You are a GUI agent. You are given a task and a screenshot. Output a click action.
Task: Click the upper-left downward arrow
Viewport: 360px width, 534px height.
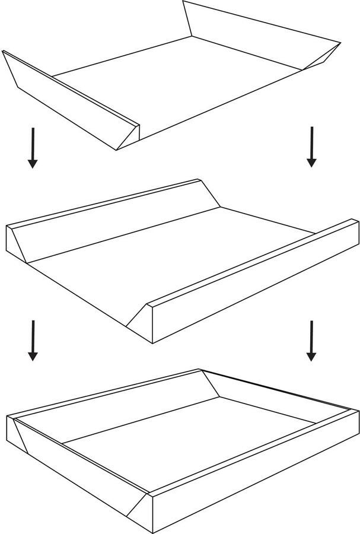tap(33, 148)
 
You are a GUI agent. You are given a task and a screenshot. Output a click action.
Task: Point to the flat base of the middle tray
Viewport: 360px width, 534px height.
tap(178, 261)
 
